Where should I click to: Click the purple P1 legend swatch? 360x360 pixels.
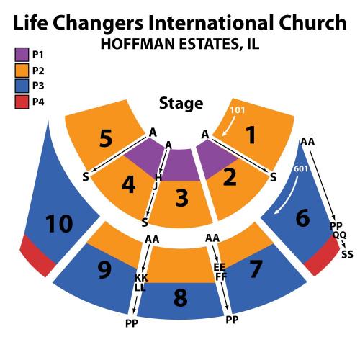[x=22, y=55]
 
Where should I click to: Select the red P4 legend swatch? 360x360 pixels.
[x=22, y=102]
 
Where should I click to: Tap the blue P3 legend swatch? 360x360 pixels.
[x=22, y=86]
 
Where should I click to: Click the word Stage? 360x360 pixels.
[x=181, y=104]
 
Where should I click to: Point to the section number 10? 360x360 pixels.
[x=59, y=224]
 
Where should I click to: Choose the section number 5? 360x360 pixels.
[x=106, y=138]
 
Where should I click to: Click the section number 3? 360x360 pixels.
[x=181, y=198]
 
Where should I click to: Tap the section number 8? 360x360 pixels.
[x=181, y=298]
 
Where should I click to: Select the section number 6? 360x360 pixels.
[x=302, y=217]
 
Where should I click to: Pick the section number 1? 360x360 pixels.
[x=251, y=135]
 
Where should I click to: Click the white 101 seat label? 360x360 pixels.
[x=238, y=110]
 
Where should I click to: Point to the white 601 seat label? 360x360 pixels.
[x=301, y=168]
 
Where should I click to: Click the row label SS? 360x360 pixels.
[x=347, y=254]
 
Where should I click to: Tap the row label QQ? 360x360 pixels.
[x=339, y=235]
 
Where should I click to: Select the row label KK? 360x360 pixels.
[x=141, y=278]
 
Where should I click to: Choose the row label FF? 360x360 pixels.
[x=221, y=276]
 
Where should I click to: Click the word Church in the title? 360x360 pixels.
[x=312, y=22]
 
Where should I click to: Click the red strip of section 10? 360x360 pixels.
[x=37, y=256]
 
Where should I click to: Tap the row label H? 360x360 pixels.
[x=158, y=178]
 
